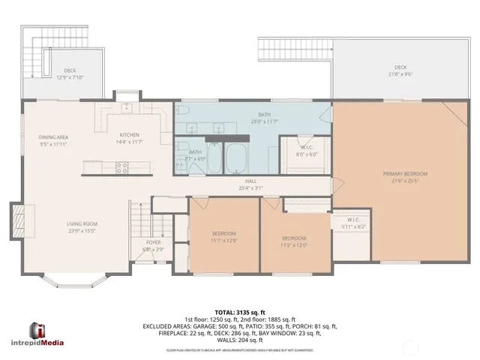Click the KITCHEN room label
click(128, 137)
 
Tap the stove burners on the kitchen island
click(120, 169)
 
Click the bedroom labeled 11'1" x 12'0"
click(224, 236)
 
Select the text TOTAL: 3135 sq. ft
click(239, 311)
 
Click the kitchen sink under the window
click(128, 107)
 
